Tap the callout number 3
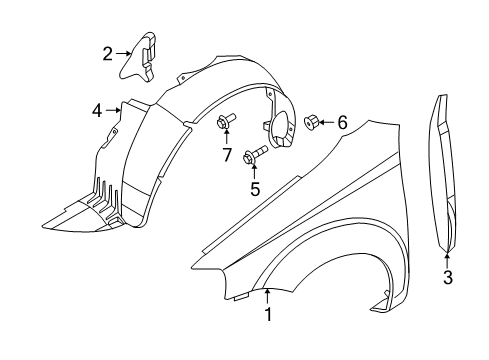pos(448,277)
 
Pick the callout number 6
pos(342,123)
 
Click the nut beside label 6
pos(310,123)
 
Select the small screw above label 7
pos(222,122)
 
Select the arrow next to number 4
pos(114,111)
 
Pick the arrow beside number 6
pos(327,123)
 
